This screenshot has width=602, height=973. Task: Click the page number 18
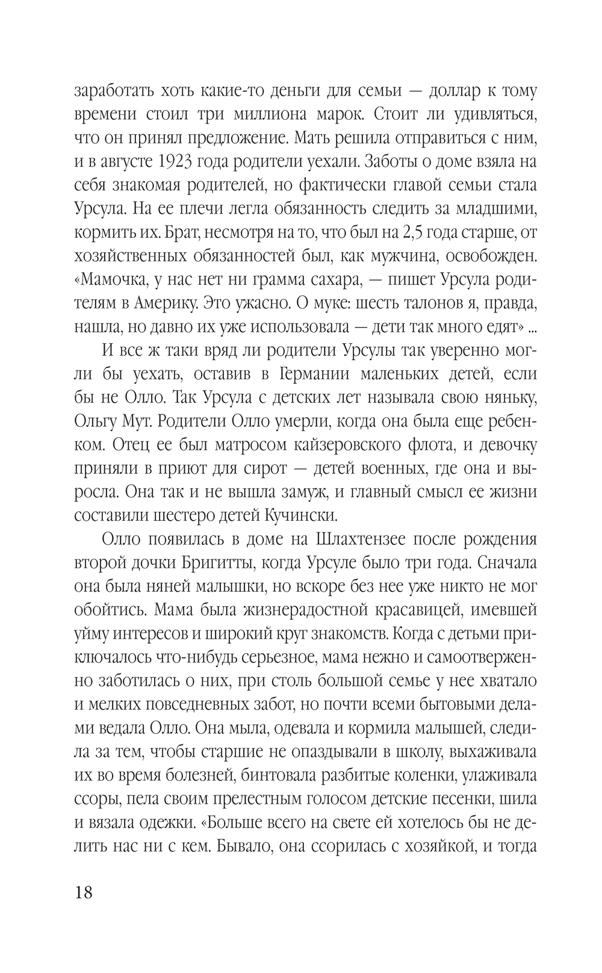coord(84,892)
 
